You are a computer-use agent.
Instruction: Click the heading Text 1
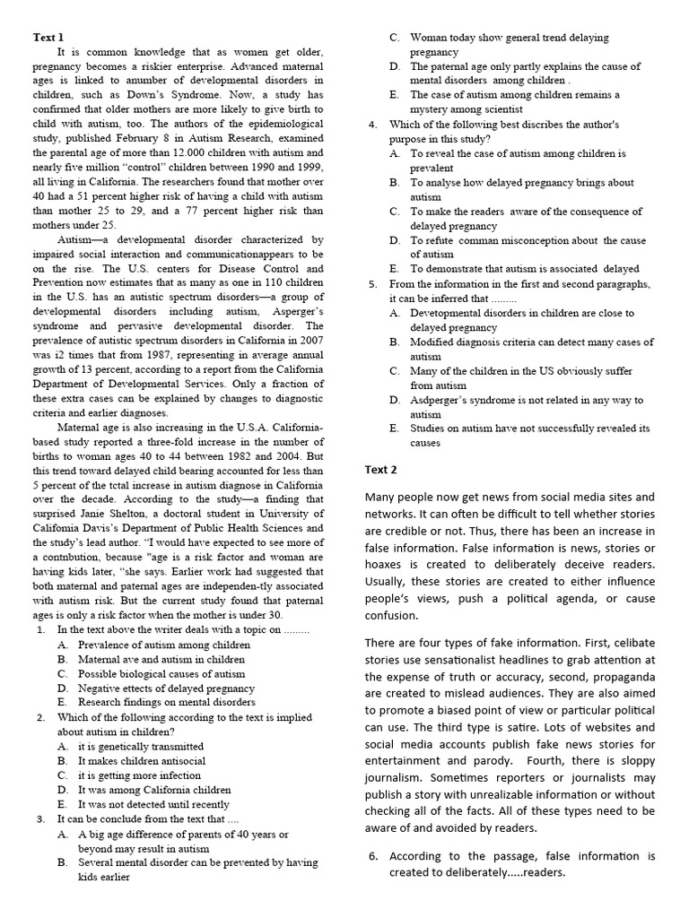tap(48, 37)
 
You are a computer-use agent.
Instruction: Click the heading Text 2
tap(380, 469)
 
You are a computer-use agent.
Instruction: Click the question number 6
tap(373, 855)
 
